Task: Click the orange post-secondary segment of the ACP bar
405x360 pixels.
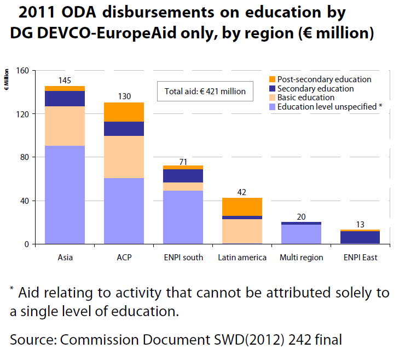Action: click(x=124, y=112)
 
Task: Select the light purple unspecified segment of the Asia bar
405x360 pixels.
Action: click(x=65, y=195)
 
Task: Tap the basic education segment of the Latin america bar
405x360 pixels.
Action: click(x=242, y=231)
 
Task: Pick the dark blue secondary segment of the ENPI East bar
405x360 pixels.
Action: click(x=360, y=237)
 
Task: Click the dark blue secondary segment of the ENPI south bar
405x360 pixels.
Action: click(x=183, y=176)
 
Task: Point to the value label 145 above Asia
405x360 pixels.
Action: click(x=65, y=81)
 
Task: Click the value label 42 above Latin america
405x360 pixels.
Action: click(x=242, y=192)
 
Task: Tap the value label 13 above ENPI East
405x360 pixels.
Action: click(x=360, y=224)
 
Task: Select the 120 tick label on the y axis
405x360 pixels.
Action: click(x=22, y=114)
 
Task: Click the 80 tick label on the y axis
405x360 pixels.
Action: click(x=24, y=157)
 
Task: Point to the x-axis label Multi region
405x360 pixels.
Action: click(x=301, y=258)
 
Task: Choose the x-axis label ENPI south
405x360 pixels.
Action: click(x=183, y=258)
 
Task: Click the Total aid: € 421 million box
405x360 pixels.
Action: click(x=205, y=91)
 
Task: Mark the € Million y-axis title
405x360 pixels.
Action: click(x=7, y=79)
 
